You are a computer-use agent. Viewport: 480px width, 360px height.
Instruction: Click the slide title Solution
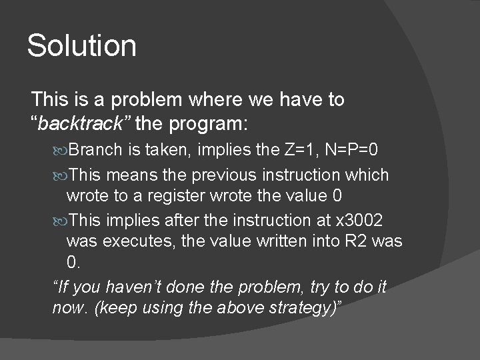tap(81, 46)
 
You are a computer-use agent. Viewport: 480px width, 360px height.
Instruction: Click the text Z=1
tap(299, 149)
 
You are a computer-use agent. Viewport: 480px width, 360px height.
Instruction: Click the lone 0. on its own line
tap(73, 262)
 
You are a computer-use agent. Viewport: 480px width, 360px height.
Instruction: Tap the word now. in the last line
tap(67, 308)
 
